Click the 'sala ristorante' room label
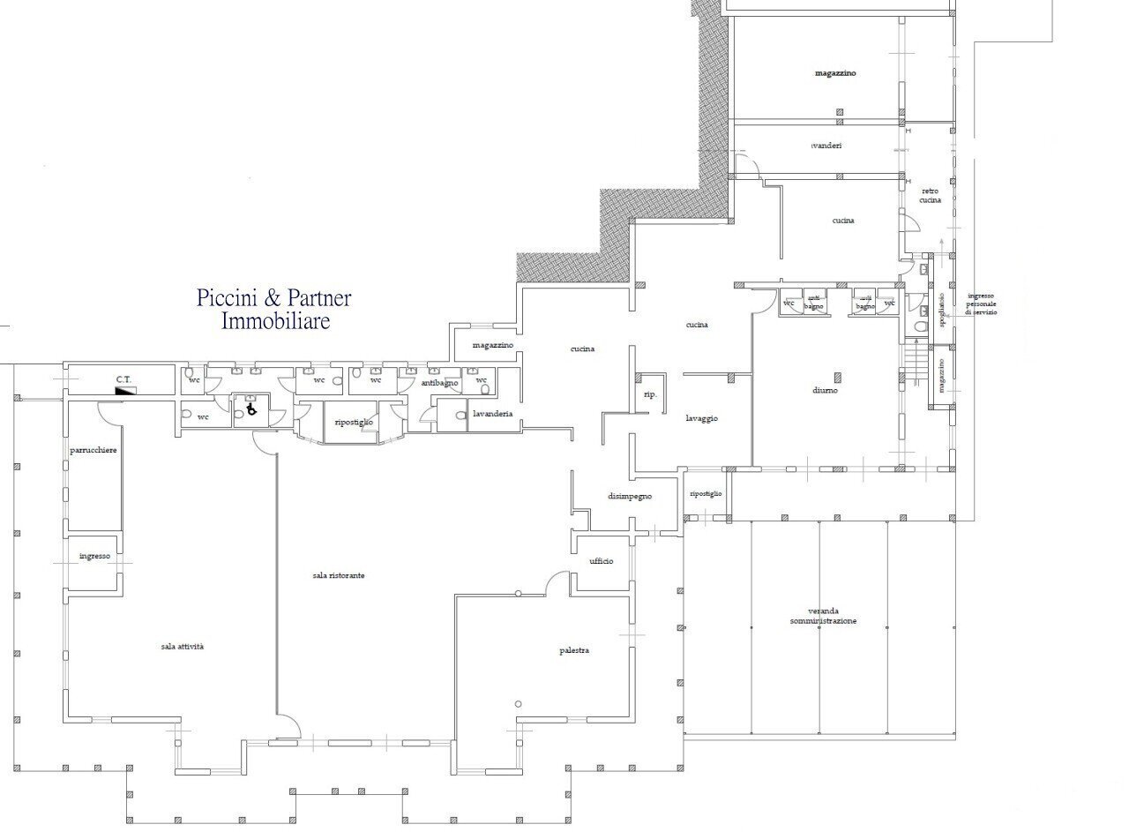click(x=339, y=575)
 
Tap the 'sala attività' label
click(x=183, y=647)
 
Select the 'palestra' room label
click(x=573, y=650)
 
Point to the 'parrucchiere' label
click(x=93, y=450)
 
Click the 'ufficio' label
click(x=602, y=561)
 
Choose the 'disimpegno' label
click(x=630, y=497)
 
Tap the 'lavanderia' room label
click(x=492, y=414)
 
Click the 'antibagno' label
click(x=439, y=383)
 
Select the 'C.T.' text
click(x=123, y=379)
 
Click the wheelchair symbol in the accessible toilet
click(x=250, y=409)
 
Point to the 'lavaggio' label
click(x=702, y=418)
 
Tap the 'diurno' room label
click(x=826, y=390)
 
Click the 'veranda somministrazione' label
click(x=823, y=616)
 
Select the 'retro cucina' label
click(x=931, y=195)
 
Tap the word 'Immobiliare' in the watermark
click(x=275, y=321)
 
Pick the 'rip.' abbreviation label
click(x=651, y=394)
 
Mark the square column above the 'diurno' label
click(x=838, y=377)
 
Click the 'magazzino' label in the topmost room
click(x=835, y=73)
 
